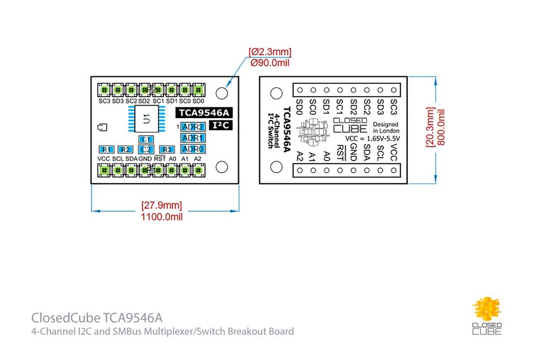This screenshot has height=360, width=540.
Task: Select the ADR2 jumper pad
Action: [x=192, y=127]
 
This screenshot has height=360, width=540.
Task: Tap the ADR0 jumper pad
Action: [x=192, y=148]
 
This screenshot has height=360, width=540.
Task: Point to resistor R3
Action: [x=167, y=149]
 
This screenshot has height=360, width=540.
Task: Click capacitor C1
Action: [x=146, y=139]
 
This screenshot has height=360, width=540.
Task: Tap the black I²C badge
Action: [x=219, y=126]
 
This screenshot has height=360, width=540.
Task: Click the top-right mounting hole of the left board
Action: [x=222, y=93]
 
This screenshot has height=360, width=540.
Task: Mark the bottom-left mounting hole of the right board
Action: [x=276, y=166]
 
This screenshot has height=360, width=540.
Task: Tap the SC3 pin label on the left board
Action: [x=104, y=101]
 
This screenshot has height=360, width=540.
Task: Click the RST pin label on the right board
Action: [x=340, y=151]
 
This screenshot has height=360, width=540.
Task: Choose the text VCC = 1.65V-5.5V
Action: [x=372, y=137]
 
